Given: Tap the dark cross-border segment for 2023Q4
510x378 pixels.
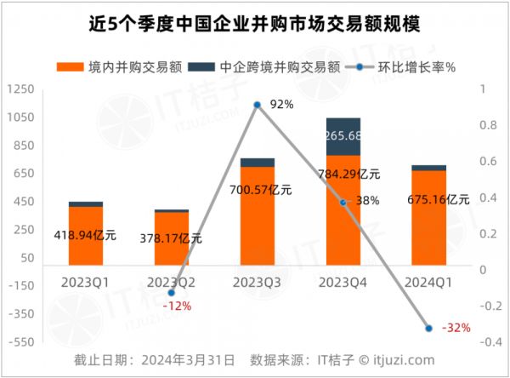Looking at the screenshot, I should point(343,136).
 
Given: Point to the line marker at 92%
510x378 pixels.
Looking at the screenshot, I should point(258,105).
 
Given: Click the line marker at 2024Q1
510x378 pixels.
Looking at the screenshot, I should point(429,328).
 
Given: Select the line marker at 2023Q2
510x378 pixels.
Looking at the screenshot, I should point(172,293).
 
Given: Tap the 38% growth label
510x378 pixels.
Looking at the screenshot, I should point(367,201).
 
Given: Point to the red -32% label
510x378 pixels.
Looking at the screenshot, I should point(456,328).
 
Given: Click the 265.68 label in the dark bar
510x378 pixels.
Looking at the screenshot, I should point(343,136).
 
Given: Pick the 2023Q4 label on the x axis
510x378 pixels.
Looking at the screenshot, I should point(343,280).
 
